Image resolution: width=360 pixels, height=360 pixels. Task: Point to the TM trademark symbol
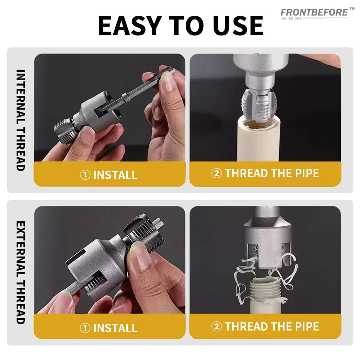click(x=352, y=9)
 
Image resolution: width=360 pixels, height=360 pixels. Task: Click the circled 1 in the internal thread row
click(x=85, y=175)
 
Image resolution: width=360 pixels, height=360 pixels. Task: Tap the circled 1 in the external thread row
click(x=85, y=328)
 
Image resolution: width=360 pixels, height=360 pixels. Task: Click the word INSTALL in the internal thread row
click(x=115, y=175)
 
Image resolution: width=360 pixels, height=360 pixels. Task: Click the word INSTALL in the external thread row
click(x=115, y=328)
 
